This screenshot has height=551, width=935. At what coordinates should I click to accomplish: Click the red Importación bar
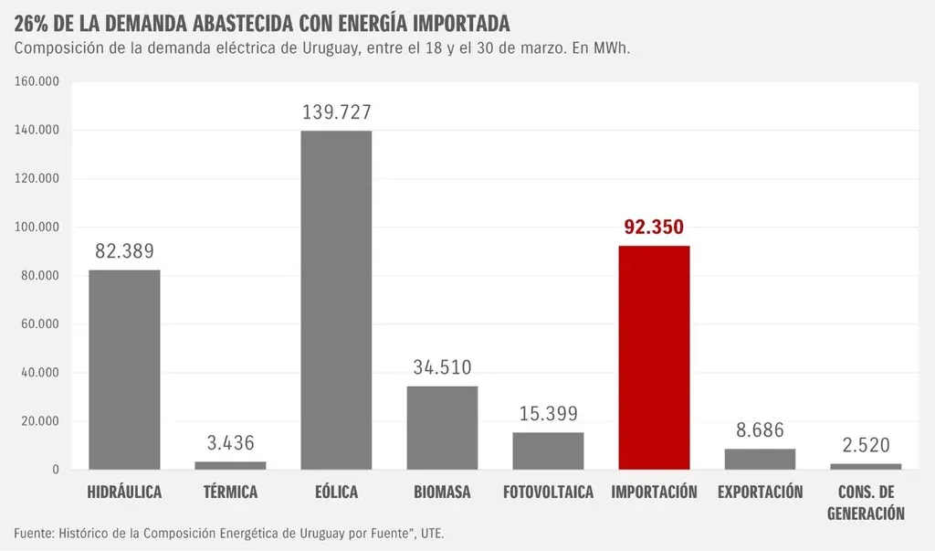click(x=654, y=357)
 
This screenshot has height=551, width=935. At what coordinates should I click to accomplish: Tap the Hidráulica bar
click(x=124, y=369)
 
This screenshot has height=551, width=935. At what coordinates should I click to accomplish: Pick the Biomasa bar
click(x=442, y=428)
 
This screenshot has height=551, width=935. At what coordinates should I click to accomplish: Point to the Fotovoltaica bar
click(x=548, y=450)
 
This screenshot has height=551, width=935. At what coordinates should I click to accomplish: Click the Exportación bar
click(x=760, y=459)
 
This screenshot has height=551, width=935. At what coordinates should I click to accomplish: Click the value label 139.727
click(x=336, y=112)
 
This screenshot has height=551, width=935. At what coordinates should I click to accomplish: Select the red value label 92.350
click(x=654, y=228)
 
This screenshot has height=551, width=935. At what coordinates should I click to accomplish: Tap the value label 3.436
click(x=230, y=444)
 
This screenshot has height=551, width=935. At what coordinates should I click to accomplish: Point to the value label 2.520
click(x=866, y=446)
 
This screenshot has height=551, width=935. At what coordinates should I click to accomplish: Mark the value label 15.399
click(x=548, y=414)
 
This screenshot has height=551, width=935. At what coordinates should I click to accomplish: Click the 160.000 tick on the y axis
click(x=37, y=81)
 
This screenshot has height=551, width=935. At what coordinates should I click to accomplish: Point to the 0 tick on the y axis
click(x=56, y=470)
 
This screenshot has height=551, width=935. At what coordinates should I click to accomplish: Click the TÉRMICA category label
click(x=230, y=493)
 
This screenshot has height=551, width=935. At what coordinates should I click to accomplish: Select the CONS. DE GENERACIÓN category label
click(x=866, y=503)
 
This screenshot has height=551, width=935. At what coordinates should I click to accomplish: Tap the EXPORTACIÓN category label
click(x=760, y=493)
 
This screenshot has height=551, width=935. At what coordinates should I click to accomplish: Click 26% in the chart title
click(x=33, y=21)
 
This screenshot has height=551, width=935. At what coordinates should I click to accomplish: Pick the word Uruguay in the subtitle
click(x=328, y=48)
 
